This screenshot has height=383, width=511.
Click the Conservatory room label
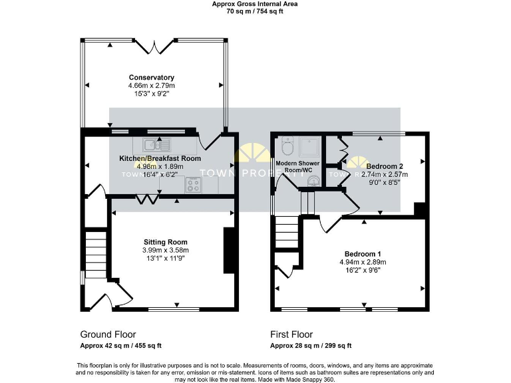pyautogui.click(x=152, y=78)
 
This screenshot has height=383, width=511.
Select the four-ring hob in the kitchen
pyautogui.click(x=193, y=186)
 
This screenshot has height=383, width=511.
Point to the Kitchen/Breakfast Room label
pyautogui.click(x=160, y=158)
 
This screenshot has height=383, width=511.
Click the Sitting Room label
pyautogui.click(x=166, y=242)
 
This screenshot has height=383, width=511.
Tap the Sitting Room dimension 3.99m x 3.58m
pyautogui.click(x=166, y=250)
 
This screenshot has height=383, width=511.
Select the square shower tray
pyautogui.click(x=309, y=146)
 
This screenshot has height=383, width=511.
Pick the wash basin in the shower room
pyautogui.click(x=313, y=180)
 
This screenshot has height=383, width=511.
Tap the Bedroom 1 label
pyautogui.click(x=363, y=254)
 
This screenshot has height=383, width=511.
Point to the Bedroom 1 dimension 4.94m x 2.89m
pyautogui.click(x=363, y=263)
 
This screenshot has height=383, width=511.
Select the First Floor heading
pyautogui.click(x=291, y=334)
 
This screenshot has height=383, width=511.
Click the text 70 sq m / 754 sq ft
pyautogui.click(x=255, y=11)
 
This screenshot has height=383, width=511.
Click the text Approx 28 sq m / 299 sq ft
pyautogui.click(x=311, y=346)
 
